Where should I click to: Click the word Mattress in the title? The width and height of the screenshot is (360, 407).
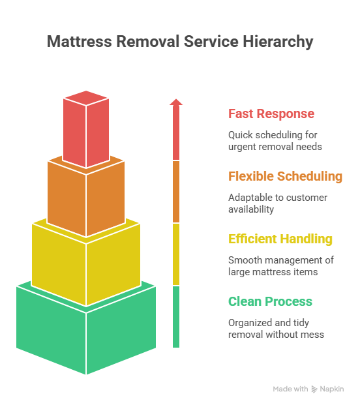coord(80,41)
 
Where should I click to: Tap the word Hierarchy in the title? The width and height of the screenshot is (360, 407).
coord(278,42)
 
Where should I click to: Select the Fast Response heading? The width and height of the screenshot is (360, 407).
coord(271,113)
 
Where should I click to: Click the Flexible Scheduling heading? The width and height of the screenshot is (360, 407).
coord(285,177)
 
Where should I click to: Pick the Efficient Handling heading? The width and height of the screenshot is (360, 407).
coord(280,239)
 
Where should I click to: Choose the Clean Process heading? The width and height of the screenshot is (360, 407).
coord(270,301)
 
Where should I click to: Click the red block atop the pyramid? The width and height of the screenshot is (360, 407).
coord(86,129)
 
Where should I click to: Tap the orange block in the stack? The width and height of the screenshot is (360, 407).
coord(86,197)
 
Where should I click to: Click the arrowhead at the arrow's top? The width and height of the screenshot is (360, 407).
coord(176,102)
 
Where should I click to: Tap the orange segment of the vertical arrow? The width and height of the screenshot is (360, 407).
coord(176,192)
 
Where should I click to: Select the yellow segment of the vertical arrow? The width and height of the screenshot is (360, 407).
coord(176,254)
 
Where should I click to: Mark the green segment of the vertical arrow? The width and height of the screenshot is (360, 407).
coord(176,317)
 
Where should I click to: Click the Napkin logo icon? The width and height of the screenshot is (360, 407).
coord(314,389)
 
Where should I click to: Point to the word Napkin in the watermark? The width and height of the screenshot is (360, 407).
coord(332,389)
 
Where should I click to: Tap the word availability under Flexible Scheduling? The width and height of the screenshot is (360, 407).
coord(251,209)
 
